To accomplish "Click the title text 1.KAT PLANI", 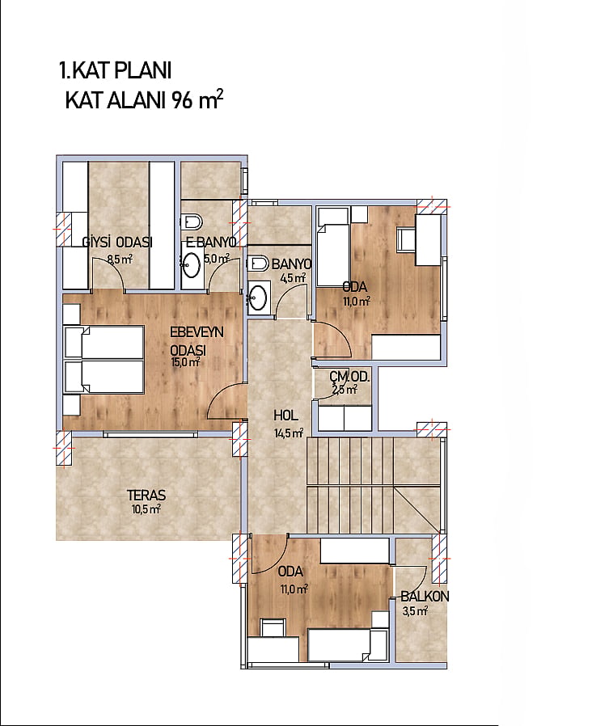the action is click(116, 71).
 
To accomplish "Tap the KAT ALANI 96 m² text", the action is click(144, 99).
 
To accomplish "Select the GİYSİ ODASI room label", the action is click(117, 243).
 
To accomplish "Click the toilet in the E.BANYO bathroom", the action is click(191, 222).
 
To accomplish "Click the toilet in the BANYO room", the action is click(258, 264).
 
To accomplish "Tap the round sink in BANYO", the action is click(257, 297).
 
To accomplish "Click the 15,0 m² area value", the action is click(185, 362).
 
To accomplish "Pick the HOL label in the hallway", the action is click(285, 416).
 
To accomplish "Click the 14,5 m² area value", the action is click(289, 433).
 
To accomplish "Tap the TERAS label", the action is click(146, 495).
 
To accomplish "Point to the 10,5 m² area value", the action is click(146, 510).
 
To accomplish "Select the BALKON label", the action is click(425, 597).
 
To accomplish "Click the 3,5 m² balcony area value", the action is click(415, 611).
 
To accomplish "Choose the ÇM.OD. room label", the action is click(349, 377).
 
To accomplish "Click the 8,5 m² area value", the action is click(120, 260).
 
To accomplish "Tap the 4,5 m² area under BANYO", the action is click(293, 278).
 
